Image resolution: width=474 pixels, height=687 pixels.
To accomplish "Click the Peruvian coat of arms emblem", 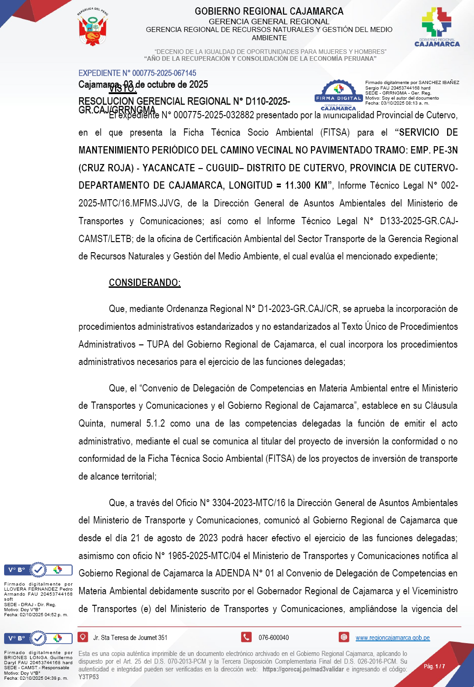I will point(93,28).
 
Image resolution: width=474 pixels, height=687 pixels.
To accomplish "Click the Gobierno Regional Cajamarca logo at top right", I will point(437,27).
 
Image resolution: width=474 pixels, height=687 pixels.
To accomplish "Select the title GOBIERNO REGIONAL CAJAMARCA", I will point(269,11).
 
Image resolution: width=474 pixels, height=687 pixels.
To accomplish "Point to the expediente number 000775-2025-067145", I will point(164,73).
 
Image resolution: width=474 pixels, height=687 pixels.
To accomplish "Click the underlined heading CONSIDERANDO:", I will point(145,283).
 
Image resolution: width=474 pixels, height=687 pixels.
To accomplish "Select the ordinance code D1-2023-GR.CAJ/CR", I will point(298,309).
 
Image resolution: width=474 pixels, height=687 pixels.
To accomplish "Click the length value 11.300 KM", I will point(306,185).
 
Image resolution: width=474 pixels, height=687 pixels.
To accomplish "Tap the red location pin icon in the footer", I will point(83,637).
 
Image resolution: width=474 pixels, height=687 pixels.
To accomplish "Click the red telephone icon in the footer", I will point(246,637).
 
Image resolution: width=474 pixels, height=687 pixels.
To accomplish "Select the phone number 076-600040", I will point(274,638).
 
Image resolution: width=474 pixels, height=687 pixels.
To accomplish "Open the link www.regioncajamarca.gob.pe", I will point(392,638).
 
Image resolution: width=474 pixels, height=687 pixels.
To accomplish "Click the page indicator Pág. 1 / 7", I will point(434,666).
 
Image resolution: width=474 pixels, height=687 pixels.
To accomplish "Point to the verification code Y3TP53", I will point(89,677).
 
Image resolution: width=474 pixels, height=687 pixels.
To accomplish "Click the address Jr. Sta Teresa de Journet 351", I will point(130,638).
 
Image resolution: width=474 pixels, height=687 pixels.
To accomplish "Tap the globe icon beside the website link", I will point(344,637).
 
